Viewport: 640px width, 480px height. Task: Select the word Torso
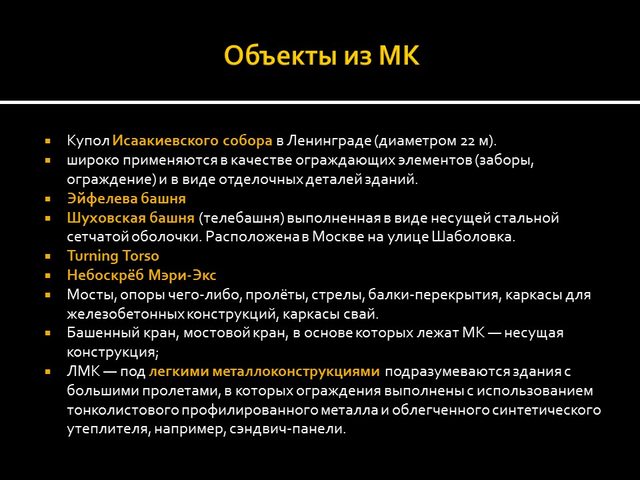pyautogui.click(x=141, y=256)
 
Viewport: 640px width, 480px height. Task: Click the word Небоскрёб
pyautogui.click(x=103, y=275)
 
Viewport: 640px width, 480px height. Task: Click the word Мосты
pyautogui.click(x=85, y=295)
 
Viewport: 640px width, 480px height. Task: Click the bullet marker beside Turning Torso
pyautogui.click(x=48, y=256)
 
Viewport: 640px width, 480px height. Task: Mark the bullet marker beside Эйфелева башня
pyautogui.click(x=48, y=199)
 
